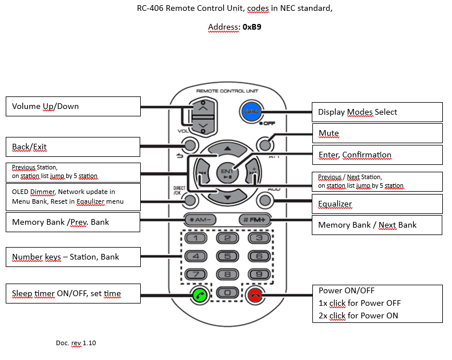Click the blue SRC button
(251, 112)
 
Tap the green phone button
(199, 295)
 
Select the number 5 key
(227, 256)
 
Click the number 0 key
(227, 293)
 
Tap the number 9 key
(259, 274)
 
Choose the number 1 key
(196, 238)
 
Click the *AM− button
(200, 220)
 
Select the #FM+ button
(255, 220)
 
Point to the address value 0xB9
(252, 27)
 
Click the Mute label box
(377, 134)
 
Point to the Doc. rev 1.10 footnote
(76, 343)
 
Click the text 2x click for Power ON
(359, 315)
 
